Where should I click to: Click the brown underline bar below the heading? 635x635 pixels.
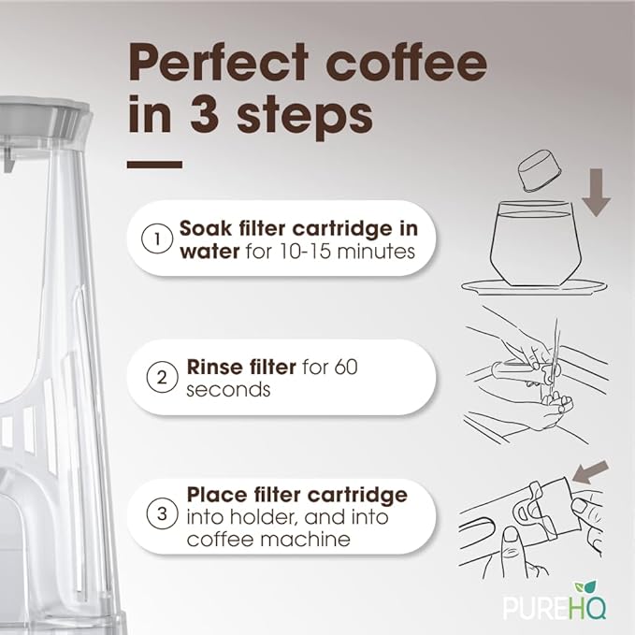tap(154, 165)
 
